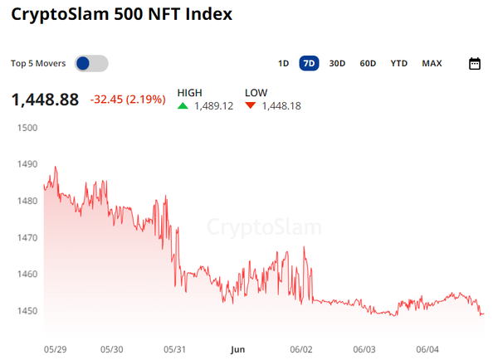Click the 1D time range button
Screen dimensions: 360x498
tap(283, 64)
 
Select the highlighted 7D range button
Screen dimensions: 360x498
tap(310, 64)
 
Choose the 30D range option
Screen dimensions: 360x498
tap(337, 64)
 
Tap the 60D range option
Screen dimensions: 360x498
tap(368, 64)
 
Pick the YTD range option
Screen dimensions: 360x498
tap(399, 64)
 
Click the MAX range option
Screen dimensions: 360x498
tap(432, 64)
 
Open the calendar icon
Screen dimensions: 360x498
tap(475, 64)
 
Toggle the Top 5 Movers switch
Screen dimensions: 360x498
tap(91, 64)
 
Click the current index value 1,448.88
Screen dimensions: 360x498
tap(45, 100)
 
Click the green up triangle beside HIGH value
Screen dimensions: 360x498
tap(183, 106)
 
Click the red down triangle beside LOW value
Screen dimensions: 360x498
tap(251, 106)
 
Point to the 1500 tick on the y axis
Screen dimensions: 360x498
tap(27, 128)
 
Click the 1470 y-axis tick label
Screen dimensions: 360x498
tap(27, 238)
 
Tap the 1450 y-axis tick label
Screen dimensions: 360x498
tap(27, 311)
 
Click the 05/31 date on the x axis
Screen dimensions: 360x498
tap(175, 350)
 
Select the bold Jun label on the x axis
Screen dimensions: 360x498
tap(237, 350)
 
